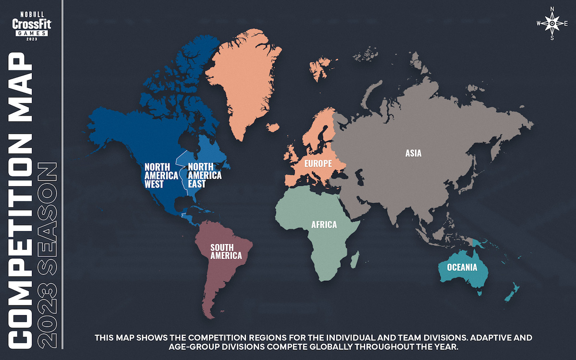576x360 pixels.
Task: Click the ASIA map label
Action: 413,154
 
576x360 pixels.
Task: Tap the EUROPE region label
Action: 318,164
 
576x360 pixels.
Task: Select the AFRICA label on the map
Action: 324,225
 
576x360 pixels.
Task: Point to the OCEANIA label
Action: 462,267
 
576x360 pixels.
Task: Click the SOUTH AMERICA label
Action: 226,252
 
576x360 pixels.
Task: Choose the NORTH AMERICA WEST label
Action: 161,175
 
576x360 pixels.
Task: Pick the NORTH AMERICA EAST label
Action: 204,175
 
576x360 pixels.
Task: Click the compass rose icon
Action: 552,23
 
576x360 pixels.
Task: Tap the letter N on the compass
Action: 552,9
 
